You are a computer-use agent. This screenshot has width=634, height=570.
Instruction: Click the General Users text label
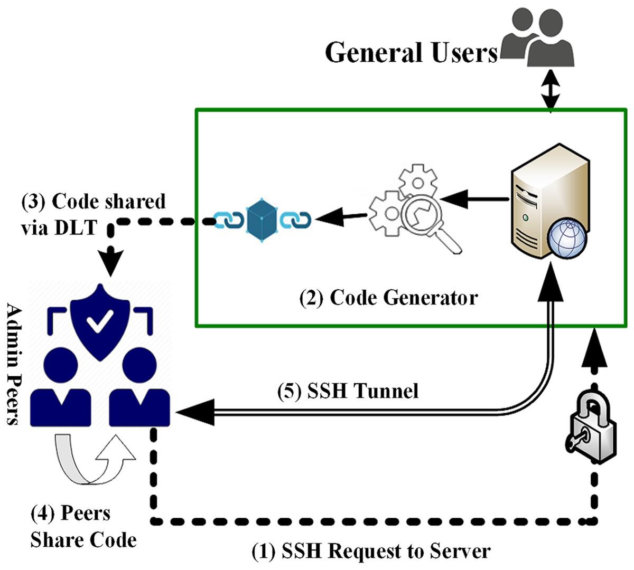tap(411, 53)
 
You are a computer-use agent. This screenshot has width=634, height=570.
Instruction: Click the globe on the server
tap(567, 239)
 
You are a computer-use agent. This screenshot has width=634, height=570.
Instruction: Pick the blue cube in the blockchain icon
tap(263, 220)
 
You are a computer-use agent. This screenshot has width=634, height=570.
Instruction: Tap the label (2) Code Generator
tap(388, 298)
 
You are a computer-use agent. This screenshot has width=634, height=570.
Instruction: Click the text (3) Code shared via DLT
tap(93, 214)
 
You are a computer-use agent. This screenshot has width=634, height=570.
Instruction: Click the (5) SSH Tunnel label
tap(348, 392)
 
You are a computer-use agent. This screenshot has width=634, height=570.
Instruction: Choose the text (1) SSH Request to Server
tap(371, 552)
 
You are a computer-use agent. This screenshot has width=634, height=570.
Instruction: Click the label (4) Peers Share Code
tap(83, 527)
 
